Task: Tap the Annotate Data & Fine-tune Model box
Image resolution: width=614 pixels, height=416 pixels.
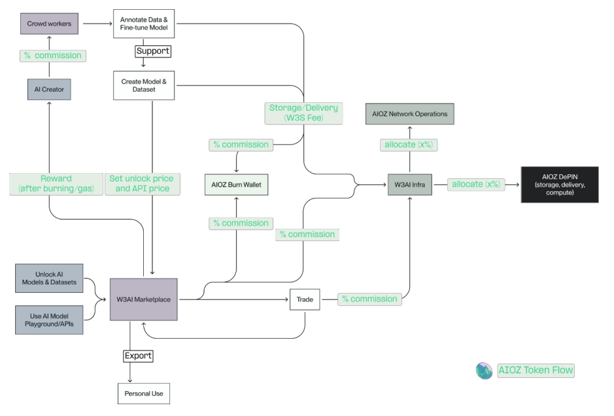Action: pyautogui.click(x=144, y=24)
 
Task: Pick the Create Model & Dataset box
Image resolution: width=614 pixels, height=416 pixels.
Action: pyautogui.click(x=144, y=85)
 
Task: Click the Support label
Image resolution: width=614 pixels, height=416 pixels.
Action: pyautogui.click(x=152, y=50)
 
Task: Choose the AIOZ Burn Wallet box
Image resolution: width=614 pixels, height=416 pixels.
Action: pyautogui.click(x=236, y=185)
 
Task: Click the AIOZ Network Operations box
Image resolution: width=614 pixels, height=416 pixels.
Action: pyautogui.click(x=410, y=114)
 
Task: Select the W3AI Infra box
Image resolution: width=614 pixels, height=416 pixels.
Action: pyautogui.click(x=409, y=185)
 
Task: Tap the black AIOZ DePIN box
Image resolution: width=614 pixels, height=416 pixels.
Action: pyautogui.click(x=560, y=185)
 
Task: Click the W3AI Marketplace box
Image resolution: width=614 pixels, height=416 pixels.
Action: pyautogui.click(x=143, y=300)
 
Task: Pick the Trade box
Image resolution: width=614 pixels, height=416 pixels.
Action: pyautogui.click(x=305, y=300)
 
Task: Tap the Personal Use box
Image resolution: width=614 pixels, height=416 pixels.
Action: pyautogui.click(x=143, y=394)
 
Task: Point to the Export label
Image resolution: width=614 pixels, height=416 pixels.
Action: pyautogui.click(x=138, y=356)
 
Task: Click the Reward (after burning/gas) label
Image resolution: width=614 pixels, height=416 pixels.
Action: pyautogui.click(x=56, y=183)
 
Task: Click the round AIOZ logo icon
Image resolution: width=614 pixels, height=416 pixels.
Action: pyautogui.click(x=485, y=371)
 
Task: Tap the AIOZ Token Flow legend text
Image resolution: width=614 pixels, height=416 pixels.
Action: pyautogui.click(x=536, y=370)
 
